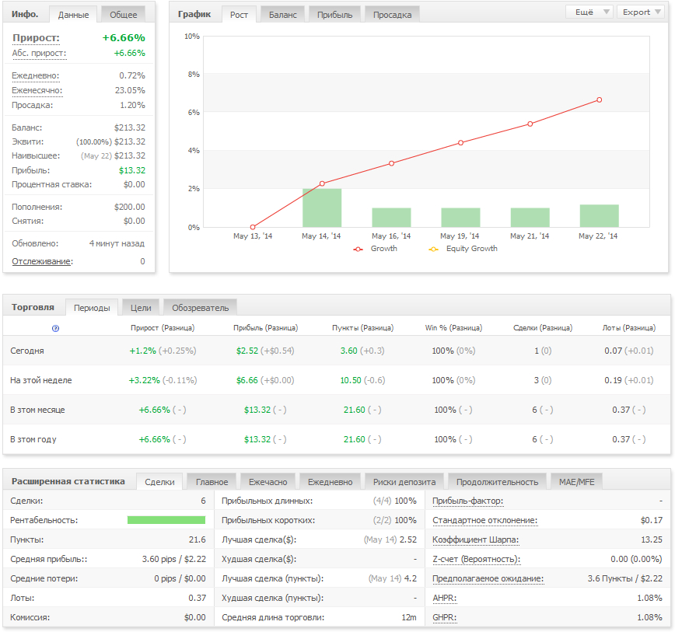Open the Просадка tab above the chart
392,15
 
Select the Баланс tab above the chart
283,15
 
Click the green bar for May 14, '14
322,208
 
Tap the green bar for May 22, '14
600,216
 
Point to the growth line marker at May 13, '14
253,227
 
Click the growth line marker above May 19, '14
460,143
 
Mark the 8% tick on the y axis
194,75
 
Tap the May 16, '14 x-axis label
391,236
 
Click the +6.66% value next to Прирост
124,38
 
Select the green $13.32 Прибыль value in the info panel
132,170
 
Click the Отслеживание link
42,261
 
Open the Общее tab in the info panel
123,15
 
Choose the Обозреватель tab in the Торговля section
200,308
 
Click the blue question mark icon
55,328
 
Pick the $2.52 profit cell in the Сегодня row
247,351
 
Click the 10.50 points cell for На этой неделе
351,380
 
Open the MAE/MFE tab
576,482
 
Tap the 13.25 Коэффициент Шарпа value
652,539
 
